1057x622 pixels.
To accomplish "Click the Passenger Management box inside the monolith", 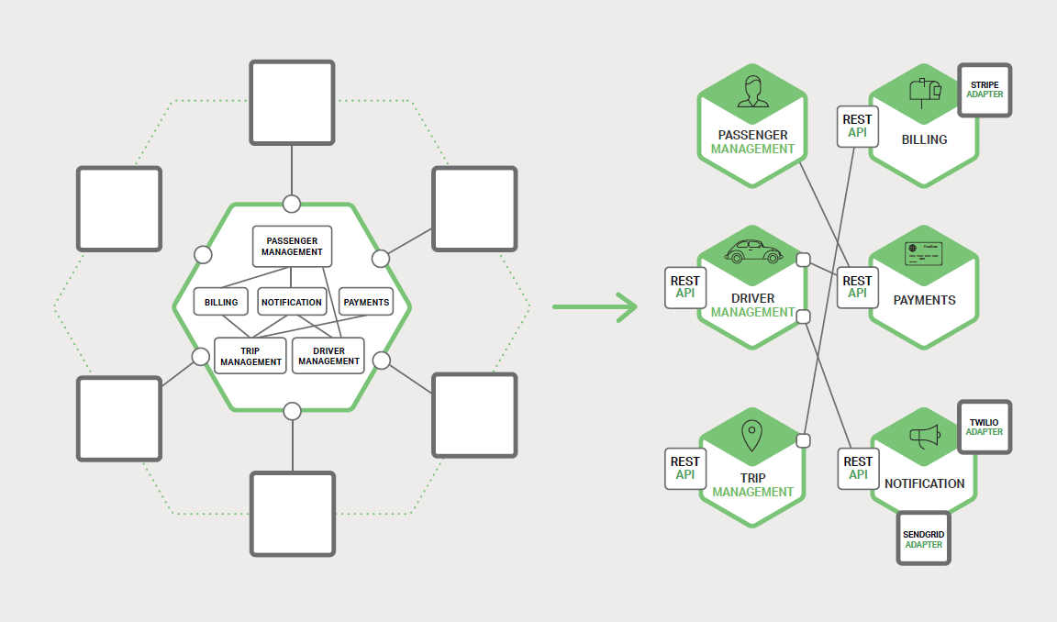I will [292, 246].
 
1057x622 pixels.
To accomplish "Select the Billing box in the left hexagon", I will [221, 302].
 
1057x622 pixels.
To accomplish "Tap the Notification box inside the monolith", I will [292, 302].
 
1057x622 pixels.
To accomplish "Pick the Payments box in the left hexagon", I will [365, 302].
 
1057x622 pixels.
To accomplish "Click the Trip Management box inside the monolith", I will [250, 356].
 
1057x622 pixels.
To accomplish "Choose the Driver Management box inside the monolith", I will [328, 356].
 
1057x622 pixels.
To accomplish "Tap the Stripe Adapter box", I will [985, 90].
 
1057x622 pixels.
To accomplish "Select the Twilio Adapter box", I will [985, 427].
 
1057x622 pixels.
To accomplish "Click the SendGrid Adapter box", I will [924, 539].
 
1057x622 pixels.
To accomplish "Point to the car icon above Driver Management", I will [752, 251].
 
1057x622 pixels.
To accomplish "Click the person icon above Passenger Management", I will [752, 91].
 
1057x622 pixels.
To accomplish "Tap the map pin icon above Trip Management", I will [752, 436].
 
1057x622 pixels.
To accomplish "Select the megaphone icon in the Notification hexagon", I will [924, 438].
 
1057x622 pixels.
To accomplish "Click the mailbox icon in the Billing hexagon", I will [924, 91].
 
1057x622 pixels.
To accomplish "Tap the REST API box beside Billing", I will [857, 126].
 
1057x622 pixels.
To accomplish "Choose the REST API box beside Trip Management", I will [685, 468].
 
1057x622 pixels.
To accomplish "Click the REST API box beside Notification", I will [858, 468].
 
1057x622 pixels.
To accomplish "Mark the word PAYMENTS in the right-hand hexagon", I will [924, 300].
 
